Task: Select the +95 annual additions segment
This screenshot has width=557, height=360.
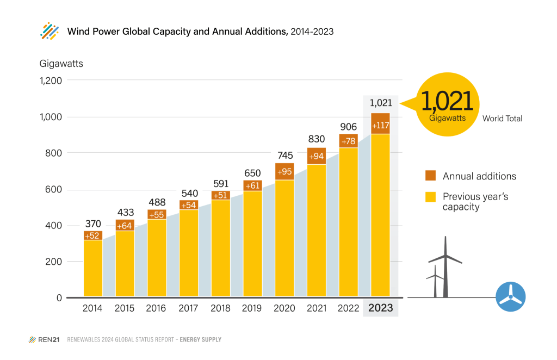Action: (x=284, y=172)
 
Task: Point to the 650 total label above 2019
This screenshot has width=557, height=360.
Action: (x=252, y=172)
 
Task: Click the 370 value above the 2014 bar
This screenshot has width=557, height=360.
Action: (x=93, y=223)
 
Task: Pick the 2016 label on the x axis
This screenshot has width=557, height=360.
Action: (x=157, y=308)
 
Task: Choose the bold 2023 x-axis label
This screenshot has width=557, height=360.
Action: (x=380, y=308)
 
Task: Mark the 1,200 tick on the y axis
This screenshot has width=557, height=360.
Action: (x=50, y=80)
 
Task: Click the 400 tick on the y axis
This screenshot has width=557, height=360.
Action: (x=53, y=226)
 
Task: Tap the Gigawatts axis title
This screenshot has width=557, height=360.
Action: (x=61, y=63)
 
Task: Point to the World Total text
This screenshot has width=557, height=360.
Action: (x=502, y=119)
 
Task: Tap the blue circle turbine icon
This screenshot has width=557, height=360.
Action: (x=511, y=297)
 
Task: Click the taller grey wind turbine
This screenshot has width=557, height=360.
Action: (x=445, y=266)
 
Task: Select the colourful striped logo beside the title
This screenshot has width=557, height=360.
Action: (x=49, y=31)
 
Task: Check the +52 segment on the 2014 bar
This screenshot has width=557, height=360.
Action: (x=93, y=235)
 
